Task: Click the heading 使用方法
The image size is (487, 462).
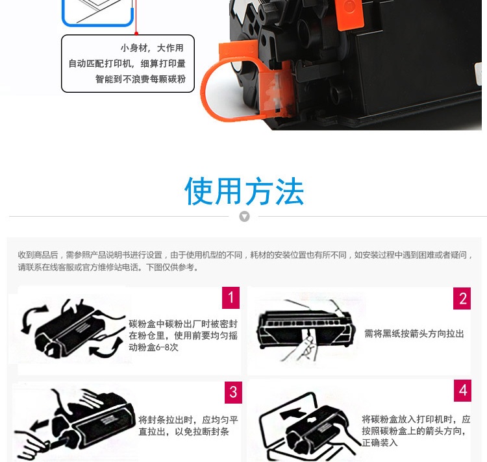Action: (x=244, y=191)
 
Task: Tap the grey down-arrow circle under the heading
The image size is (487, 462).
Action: (x=244, y=216)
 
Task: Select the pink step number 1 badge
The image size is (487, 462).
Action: (x=231, y=298)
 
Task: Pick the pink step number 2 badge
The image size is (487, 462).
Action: (x=462, y=298)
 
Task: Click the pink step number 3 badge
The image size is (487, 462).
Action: (x=233, y=392)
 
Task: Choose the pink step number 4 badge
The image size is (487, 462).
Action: (x=462, y=391)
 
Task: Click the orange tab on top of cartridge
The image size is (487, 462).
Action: (x=350, y=14)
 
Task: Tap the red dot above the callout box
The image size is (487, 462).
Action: (x=136, y=33)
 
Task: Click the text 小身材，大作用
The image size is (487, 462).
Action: (x=152, y=48)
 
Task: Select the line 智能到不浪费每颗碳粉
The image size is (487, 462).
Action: (x=140, y=79)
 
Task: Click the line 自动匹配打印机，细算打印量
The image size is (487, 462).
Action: (x=127, y=64)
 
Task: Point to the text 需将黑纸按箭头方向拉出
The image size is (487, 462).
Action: (x=414, y=334)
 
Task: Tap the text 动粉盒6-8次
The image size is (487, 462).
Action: (x=153, y=347)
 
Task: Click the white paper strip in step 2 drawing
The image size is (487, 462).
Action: (x=308, y=334)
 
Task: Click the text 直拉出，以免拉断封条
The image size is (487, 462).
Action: (x=184, y=432)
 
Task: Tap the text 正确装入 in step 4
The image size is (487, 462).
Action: (x=380, y=443)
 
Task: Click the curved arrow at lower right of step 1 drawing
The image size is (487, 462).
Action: (x=106, y=348)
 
